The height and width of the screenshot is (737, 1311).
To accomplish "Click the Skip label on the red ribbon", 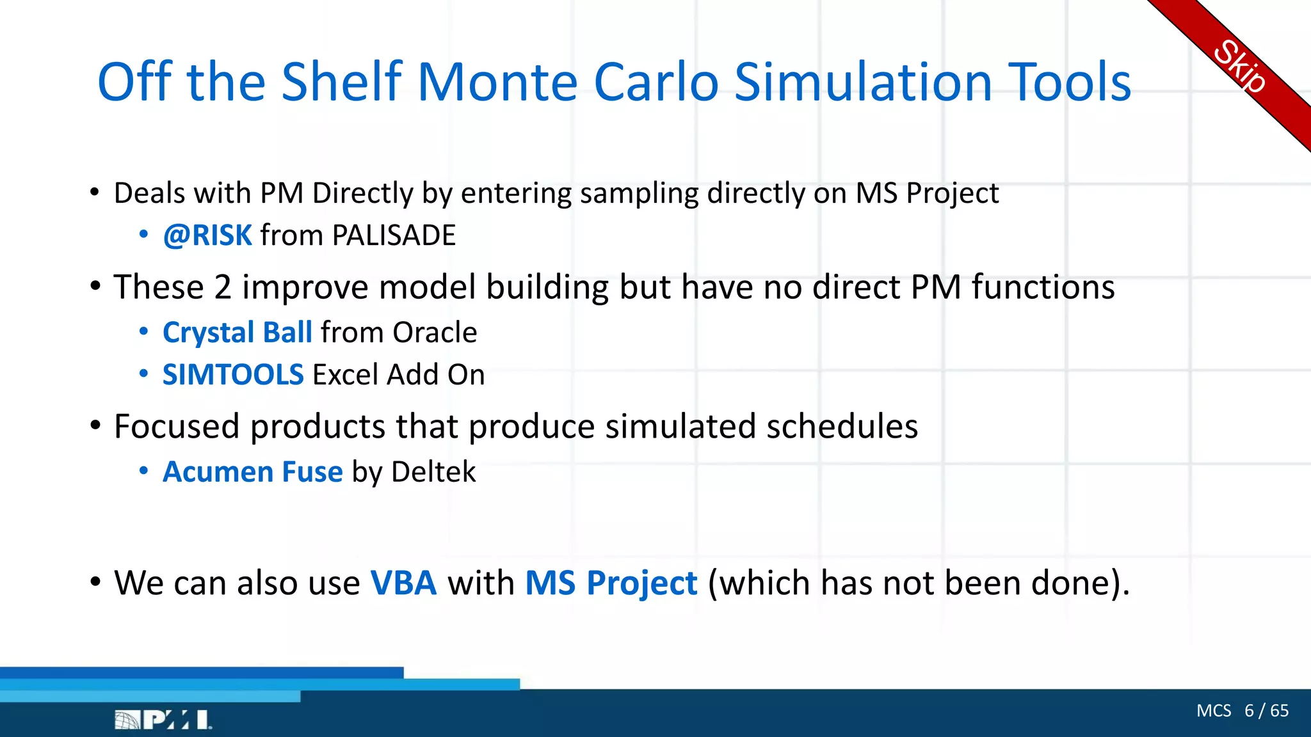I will point(1239,67).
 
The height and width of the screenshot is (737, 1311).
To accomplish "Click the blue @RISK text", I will point(207,235).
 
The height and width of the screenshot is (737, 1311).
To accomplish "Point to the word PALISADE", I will point(394,235).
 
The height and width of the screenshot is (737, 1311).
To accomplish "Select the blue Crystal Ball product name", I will point(237,333).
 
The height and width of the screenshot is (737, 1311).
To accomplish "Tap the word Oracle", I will point(435,333).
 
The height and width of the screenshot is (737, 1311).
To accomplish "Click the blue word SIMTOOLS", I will point(233,375).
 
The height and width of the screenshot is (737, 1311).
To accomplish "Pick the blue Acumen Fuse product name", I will point(253,472).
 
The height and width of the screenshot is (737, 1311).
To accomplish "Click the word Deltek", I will point(433,472).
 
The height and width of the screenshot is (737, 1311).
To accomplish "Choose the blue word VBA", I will point(403,583).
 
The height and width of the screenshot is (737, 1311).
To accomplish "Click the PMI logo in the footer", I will point(163,720).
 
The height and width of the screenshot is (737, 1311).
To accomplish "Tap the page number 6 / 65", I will point(1266,711).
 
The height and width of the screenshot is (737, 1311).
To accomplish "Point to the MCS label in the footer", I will point(1214,711).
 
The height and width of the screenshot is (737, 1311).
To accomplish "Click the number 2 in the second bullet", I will point(223,287).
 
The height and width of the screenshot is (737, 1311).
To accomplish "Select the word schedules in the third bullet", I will point(842,427).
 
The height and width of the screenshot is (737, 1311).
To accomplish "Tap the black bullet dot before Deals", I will point(95,192).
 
